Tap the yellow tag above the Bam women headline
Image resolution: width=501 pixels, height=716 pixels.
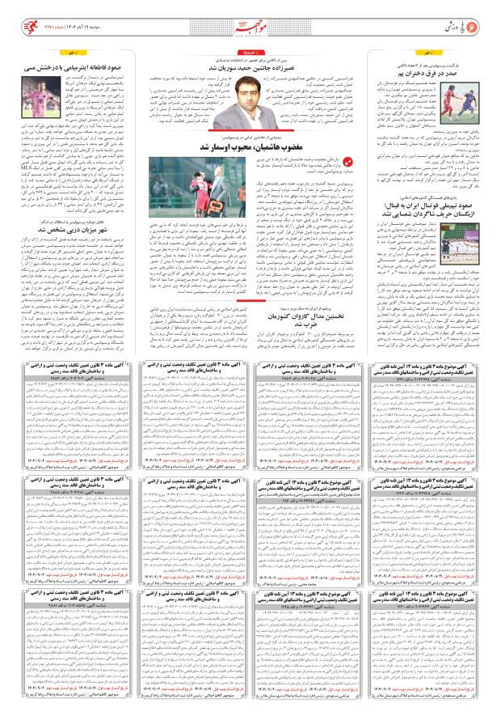coord(482,53)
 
